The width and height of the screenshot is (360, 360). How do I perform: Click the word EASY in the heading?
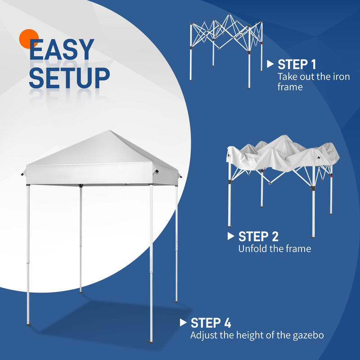(x=62, y=50)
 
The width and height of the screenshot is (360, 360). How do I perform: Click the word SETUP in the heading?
(x=69, y=78)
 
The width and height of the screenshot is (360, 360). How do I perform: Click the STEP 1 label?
(x=297, y=64)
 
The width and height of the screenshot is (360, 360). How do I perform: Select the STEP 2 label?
(x=258, y=236)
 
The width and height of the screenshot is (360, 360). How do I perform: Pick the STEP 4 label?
(x=211, y=323)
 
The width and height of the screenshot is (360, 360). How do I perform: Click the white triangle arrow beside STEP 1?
(x=270, y=64)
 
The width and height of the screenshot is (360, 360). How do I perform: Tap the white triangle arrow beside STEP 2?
(x=231, y=236)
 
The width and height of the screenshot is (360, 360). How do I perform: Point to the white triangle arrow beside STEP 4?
(x=183, y=322)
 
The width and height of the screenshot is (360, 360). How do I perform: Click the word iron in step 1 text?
(x=341, y=76)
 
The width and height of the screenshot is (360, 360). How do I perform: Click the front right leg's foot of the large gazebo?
(x=150, y=340)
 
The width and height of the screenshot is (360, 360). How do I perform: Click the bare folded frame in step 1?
(x=225, y=45)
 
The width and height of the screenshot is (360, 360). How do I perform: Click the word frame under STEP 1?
(x=290, y=87)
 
